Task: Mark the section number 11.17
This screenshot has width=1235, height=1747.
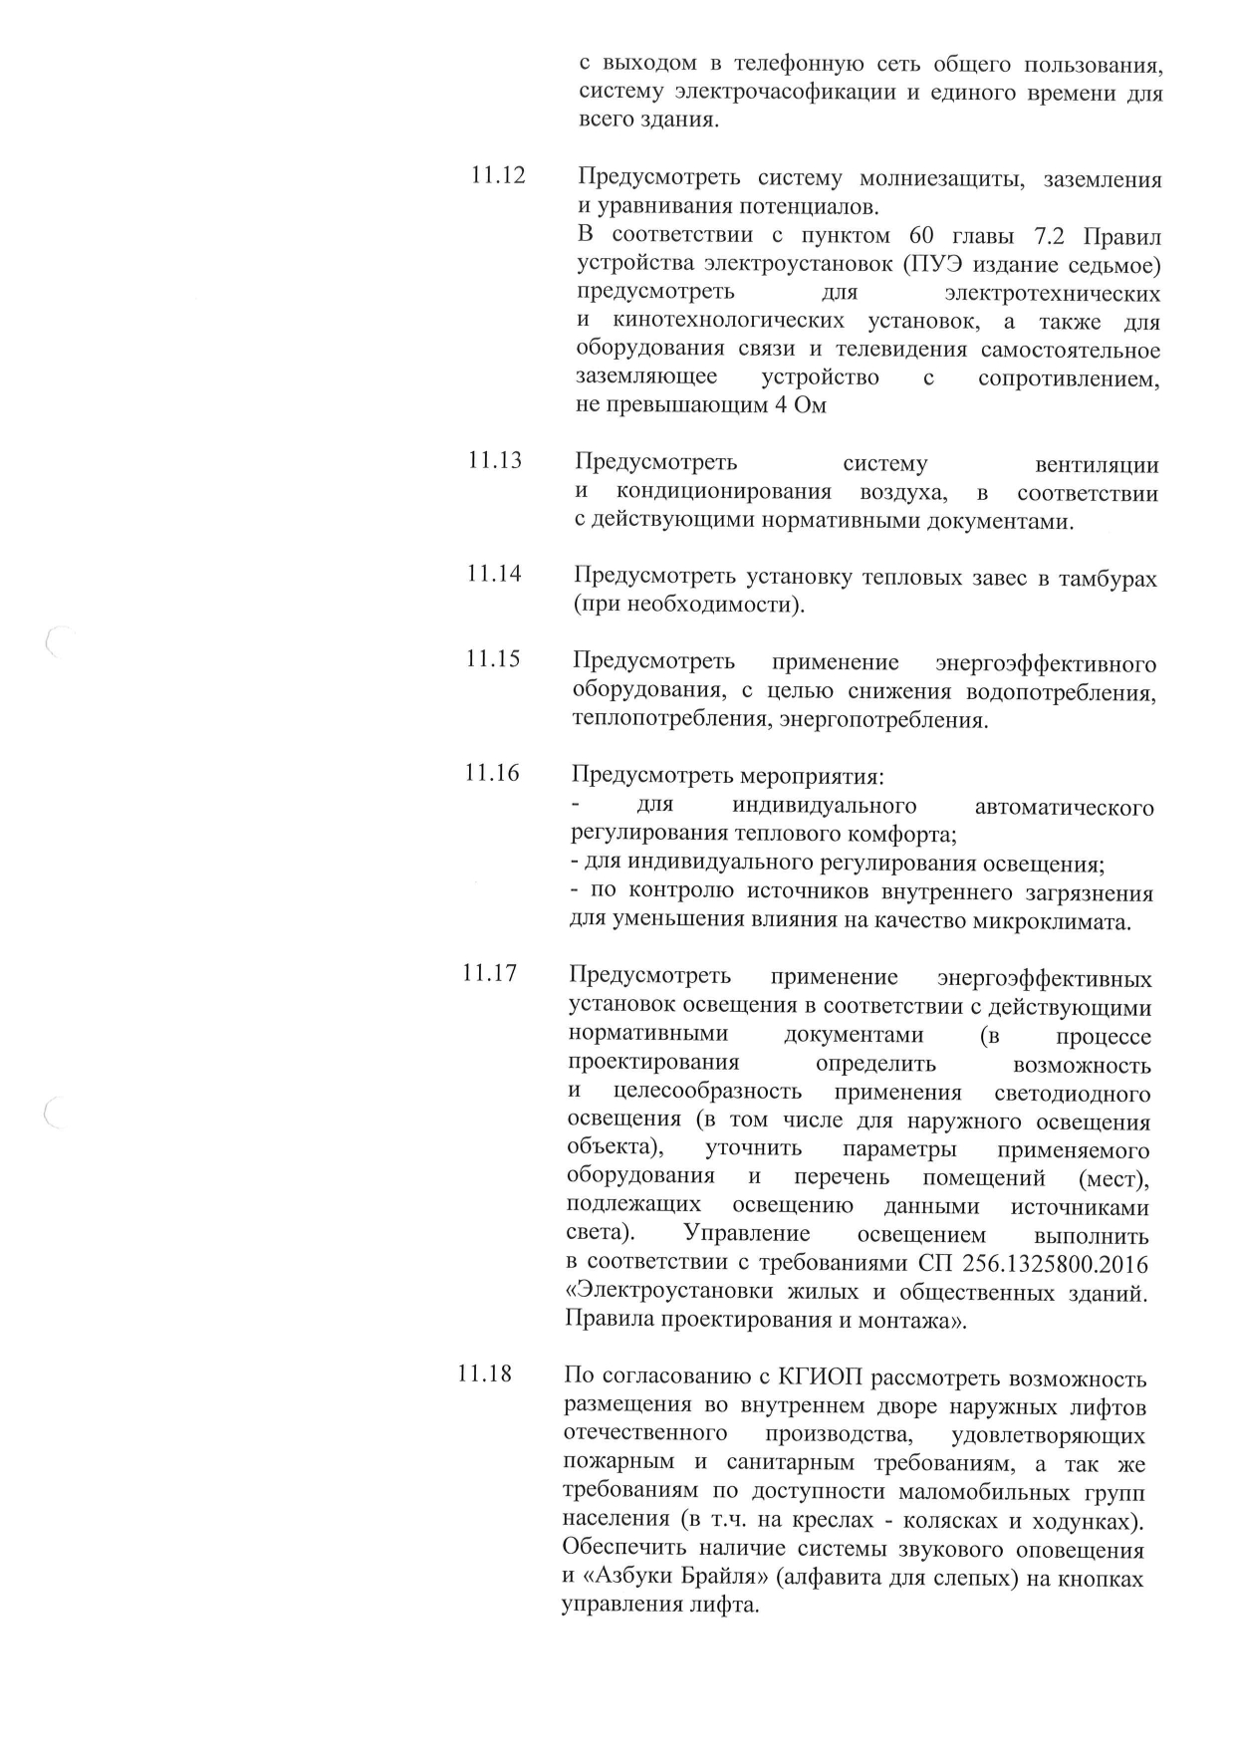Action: click(490, 972)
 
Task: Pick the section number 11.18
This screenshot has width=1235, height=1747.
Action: click(485, 1374)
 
